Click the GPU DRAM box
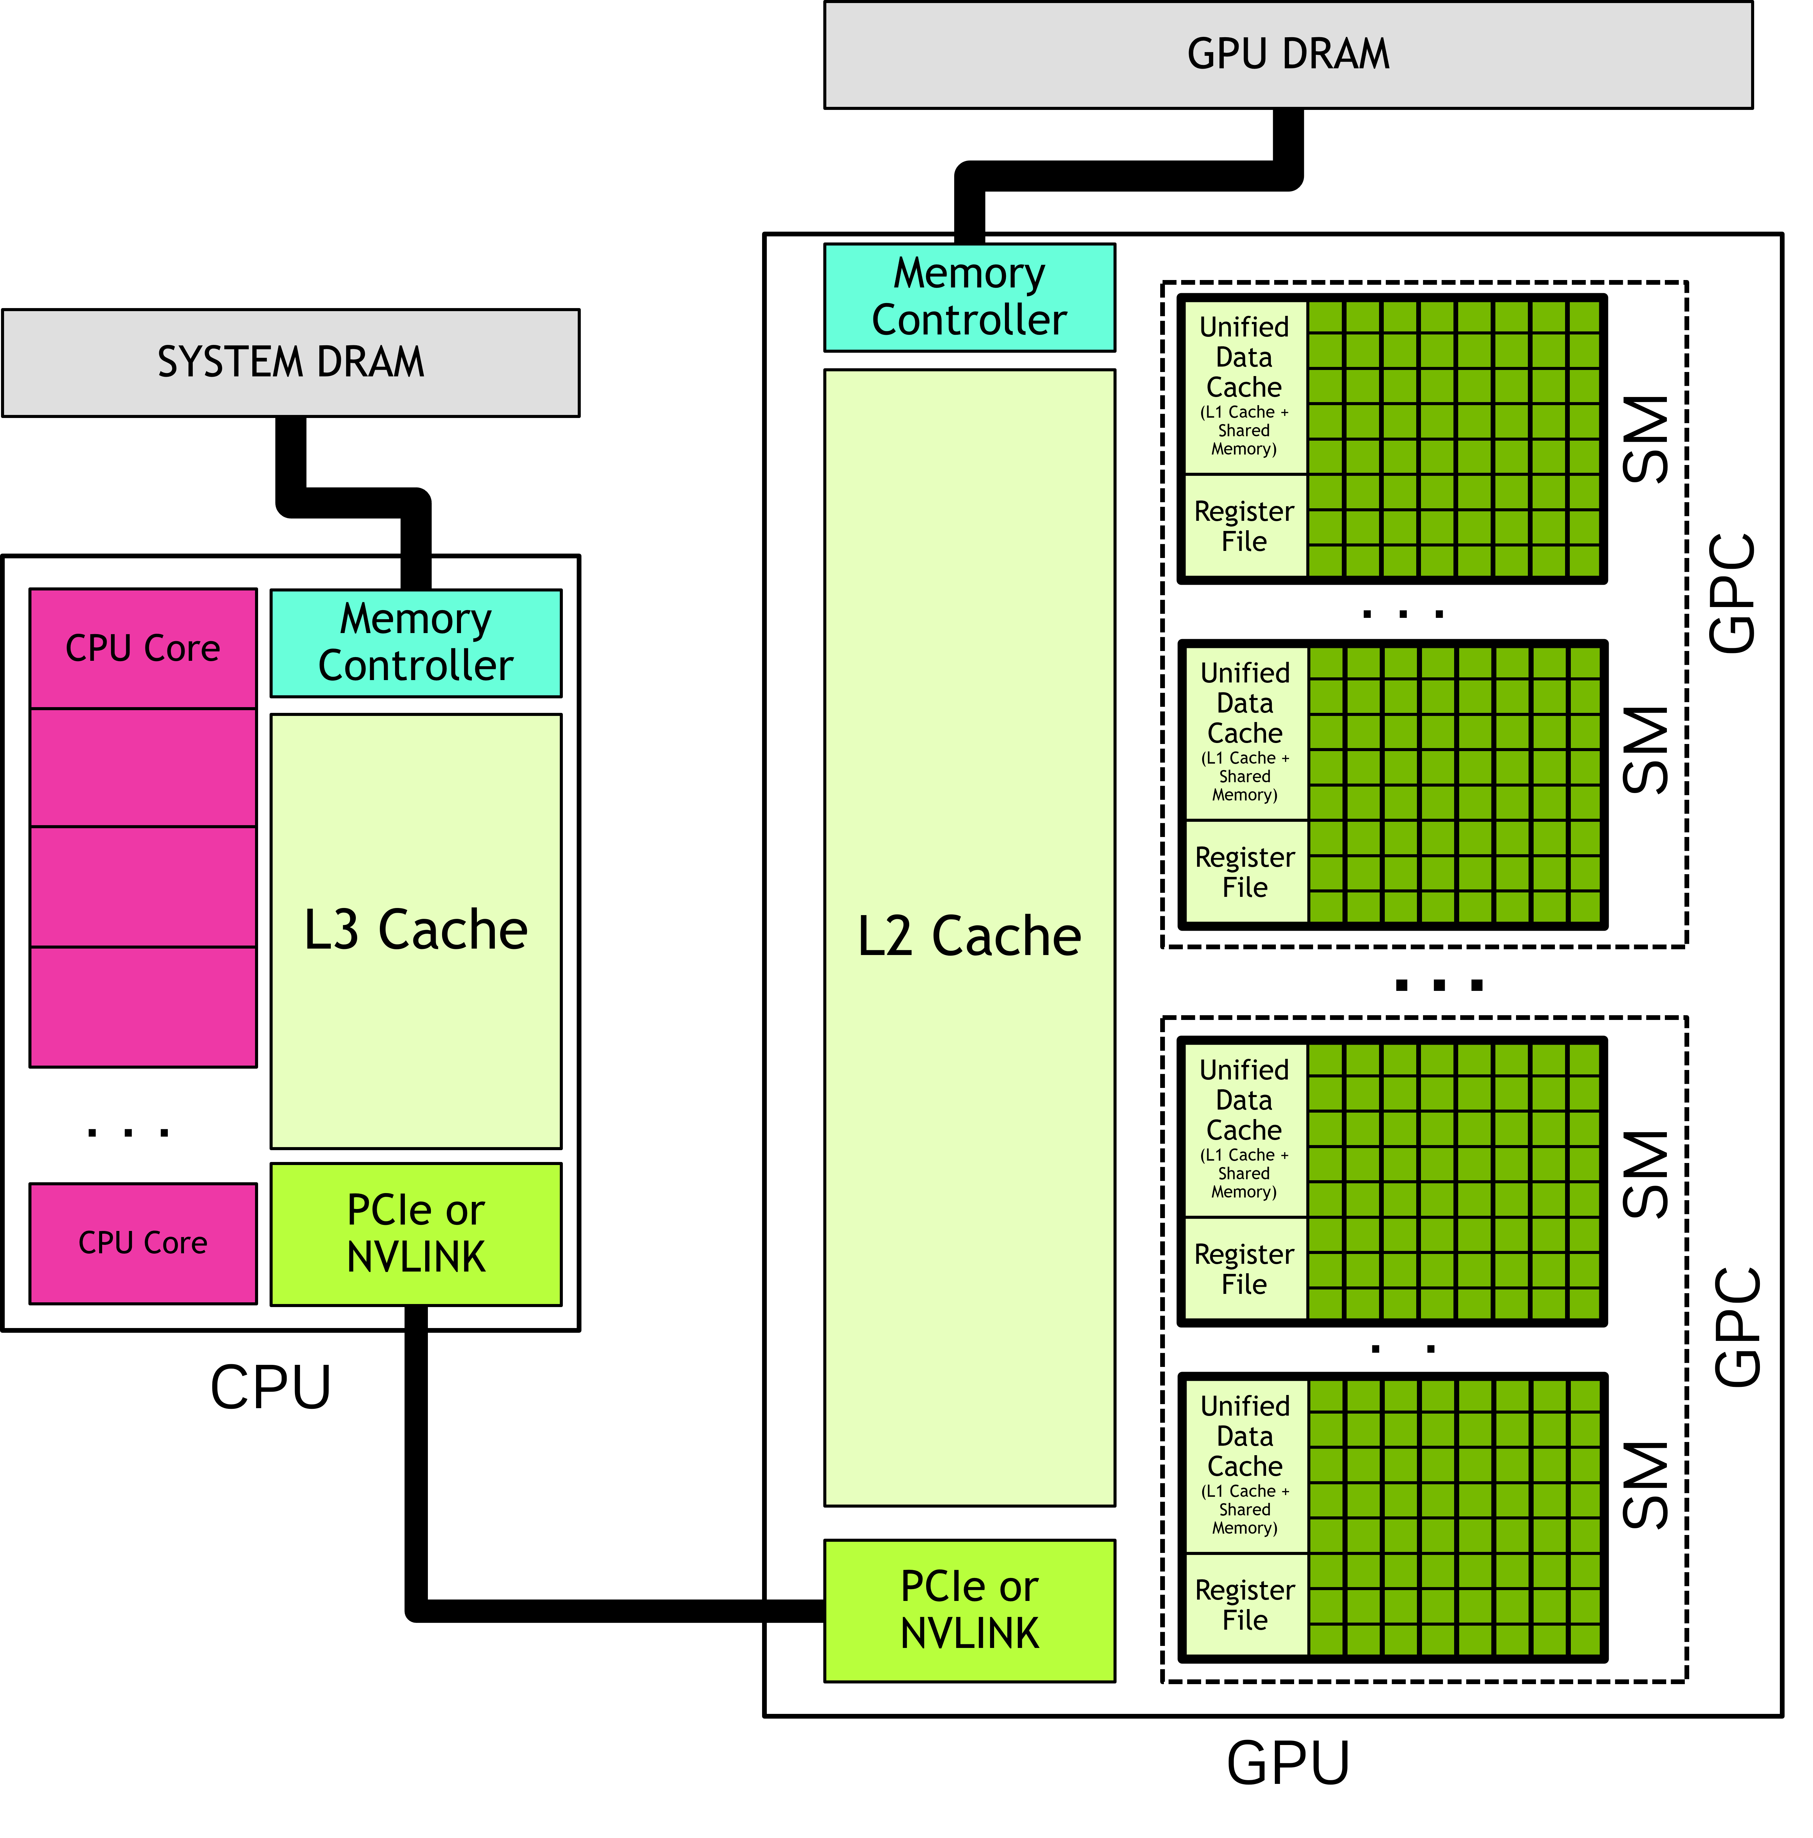[1288, 54]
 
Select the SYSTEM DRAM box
[290, 363]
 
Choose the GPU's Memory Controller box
[969, 297]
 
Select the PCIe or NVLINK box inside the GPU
[969, 1610]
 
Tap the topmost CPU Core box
[143, 648]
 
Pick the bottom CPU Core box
[143, 1242]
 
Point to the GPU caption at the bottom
[1288, 1763]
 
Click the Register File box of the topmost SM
[1244, 526]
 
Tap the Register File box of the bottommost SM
[1245, 1605]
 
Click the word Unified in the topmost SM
[1244, 327]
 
